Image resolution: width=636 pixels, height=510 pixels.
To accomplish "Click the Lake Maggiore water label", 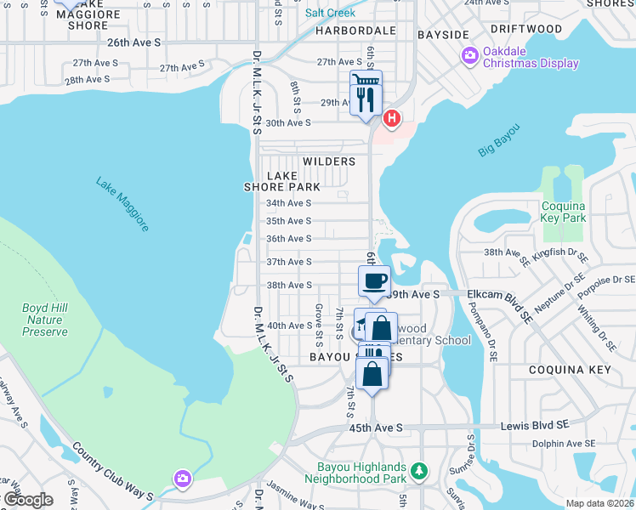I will pos(122,205).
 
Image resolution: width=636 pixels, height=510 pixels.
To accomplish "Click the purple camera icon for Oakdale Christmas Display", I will pos(469,56).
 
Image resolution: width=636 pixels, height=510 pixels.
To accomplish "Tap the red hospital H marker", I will pos(391,118).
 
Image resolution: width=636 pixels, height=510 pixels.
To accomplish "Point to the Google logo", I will pos(27,500).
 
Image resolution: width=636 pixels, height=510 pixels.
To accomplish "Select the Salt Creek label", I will pos(330,13).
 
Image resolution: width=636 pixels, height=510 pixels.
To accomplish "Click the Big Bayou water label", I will pos(498,140).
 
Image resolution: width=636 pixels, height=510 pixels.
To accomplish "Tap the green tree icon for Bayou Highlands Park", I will pos(417,471).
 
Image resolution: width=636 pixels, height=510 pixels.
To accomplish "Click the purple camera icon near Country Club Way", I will pos(182,479).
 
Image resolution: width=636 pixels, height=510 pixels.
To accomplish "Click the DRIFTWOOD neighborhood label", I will pos(525,29).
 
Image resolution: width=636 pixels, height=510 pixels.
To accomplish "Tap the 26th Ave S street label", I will pos(133,41).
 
